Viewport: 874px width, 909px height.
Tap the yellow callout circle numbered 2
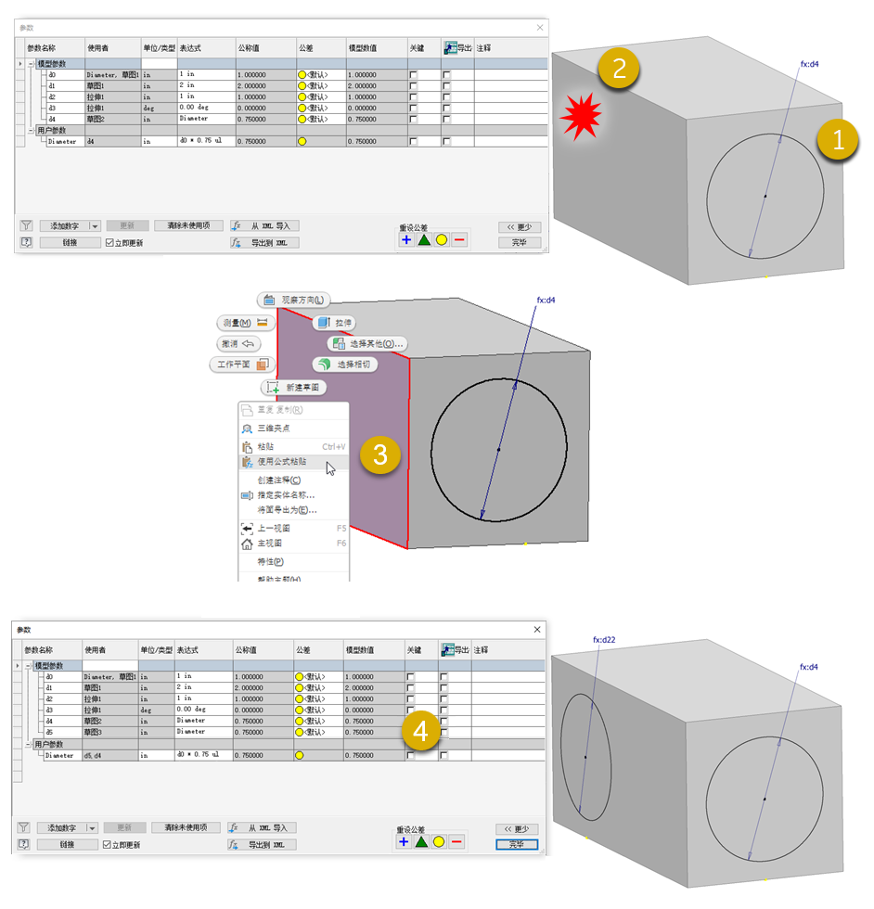[x=619, y=68]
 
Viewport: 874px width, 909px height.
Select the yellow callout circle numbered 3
[x=379, y=454]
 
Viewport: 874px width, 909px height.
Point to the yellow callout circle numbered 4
[x=421, y=732]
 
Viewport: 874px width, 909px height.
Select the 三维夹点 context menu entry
[x=273, y=429]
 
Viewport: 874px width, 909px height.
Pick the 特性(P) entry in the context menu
[x=269, y=561]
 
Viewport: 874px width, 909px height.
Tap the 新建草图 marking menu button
[x=294, y=387]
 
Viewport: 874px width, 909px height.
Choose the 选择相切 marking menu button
[x=345, y=365]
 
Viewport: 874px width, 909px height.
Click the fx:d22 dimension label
[x=604, y=640]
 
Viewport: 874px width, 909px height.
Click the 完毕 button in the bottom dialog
[x=518, y=844]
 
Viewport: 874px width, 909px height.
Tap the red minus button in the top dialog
[x=459, y=240]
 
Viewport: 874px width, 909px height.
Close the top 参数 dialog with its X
[x=540, y=28]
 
